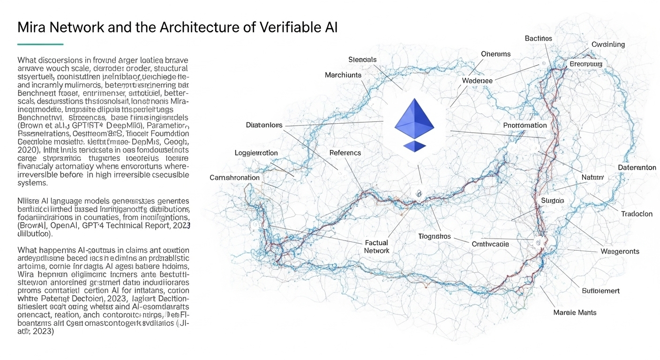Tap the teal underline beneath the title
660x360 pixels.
click(40, 44)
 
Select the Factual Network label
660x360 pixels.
click(376, 247)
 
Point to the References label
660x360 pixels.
click(345, 153)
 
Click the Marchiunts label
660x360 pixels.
click(344, 75)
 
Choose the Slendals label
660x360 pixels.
click(362, 60)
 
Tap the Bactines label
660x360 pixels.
click(538, 38)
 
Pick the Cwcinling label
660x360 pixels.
click(608, 45)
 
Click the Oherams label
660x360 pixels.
click(495, 54)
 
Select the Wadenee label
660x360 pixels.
click(477, 81)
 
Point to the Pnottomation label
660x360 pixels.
click(525, 125)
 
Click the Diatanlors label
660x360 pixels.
click(264, 125)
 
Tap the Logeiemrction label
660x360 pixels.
click(256, 153)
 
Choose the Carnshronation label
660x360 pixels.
click(234, 178)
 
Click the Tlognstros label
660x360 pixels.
click(434, 236)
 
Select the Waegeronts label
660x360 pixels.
click(620, 251)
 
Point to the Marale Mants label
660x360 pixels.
click(575, 312)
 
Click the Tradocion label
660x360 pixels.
click(637, 214)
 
